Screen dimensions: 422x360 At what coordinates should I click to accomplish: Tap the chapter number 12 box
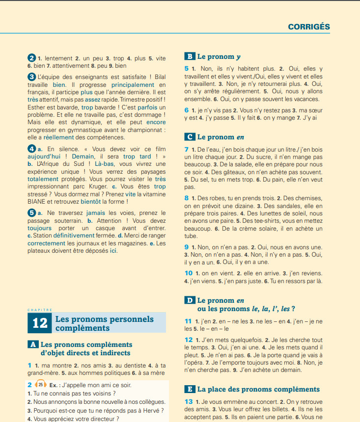(40, 323)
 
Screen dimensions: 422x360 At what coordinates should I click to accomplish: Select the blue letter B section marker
(189, 56)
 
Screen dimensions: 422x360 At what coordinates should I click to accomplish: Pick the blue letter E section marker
(189, 389)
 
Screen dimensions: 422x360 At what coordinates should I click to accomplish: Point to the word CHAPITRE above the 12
(40, 310)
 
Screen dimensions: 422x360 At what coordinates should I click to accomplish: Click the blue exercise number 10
(188, 273)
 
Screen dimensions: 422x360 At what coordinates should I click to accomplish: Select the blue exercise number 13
(188, 401)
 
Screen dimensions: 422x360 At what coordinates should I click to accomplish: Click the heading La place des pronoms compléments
(258, 389)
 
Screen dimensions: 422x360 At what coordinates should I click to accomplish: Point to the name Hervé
(155, 410)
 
